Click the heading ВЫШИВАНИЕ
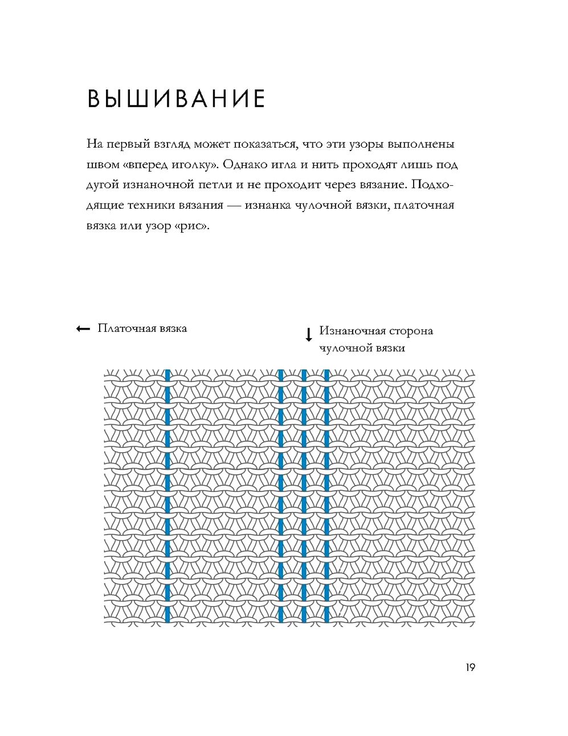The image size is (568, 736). tap(176, 99)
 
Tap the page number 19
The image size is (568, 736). tap(470, 667)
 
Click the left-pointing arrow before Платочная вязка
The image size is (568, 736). tap(83, 328)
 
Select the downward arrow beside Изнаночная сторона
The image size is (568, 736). tap(309, 335)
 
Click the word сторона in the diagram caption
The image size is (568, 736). tap(411, 331)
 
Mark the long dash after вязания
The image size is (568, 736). tap(234, 205)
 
